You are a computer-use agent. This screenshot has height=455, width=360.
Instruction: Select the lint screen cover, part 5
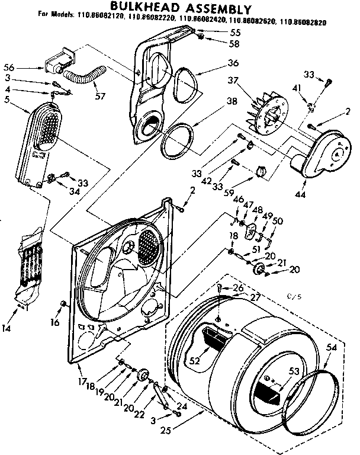click(38, 142)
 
